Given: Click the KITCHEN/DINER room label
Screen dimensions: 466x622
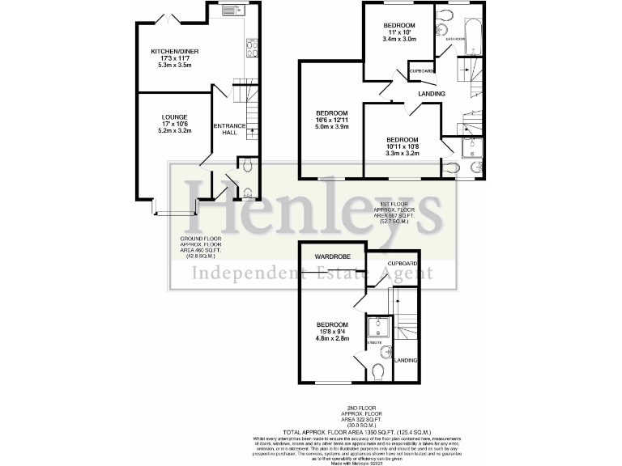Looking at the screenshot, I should pyautogui.click(x=175, y=52).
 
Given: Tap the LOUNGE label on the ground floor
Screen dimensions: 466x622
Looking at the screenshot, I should pyautogui.click(x=175, y=116).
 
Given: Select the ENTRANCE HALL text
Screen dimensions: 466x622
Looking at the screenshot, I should pyautogui.click(x=229, y=129).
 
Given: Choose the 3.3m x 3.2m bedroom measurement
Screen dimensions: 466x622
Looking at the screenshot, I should pyautogui.click(x=402, y=152).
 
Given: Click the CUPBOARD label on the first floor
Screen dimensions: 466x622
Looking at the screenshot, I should pyautogui.click(x=421, y=71).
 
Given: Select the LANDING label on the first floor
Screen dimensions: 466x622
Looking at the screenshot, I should pyautogui.click(x=431, y=95).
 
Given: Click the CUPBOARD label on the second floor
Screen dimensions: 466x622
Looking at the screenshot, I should pyautogui.click(x=403, y=264).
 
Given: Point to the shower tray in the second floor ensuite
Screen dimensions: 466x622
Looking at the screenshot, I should pyautogui.click(x=379, y=326).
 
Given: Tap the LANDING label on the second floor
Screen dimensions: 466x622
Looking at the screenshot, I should pyautogui.click(x=406, y=360).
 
